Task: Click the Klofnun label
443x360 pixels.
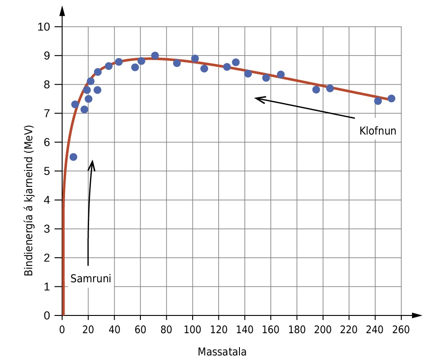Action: pos(378,131)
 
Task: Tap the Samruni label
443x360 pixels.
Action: pos(91,279)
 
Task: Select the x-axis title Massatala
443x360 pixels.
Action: pos(222,352)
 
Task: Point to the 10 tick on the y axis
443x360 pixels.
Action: pos(44,27)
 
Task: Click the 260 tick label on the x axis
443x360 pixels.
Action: pos(401,330)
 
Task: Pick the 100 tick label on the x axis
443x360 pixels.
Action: pos(192,330)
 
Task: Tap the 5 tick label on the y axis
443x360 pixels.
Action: pos(47,171)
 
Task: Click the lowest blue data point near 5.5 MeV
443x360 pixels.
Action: pos(73,157)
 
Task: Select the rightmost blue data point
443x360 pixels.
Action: pos(391,98)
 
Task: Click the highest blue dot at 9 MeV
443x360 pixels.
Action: pos(155,55)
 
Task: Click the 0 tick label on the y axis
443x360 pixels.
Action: pos(47,315)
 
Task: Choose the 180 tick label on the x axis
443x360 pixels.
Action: pos(297,330)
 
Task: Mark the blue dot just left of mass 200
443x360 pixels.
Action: pos(316,90)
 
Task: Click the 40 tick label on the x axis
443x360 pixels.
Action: pos(114,330)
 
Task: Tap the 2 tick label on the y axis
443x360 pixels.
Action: pos(47,258)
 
